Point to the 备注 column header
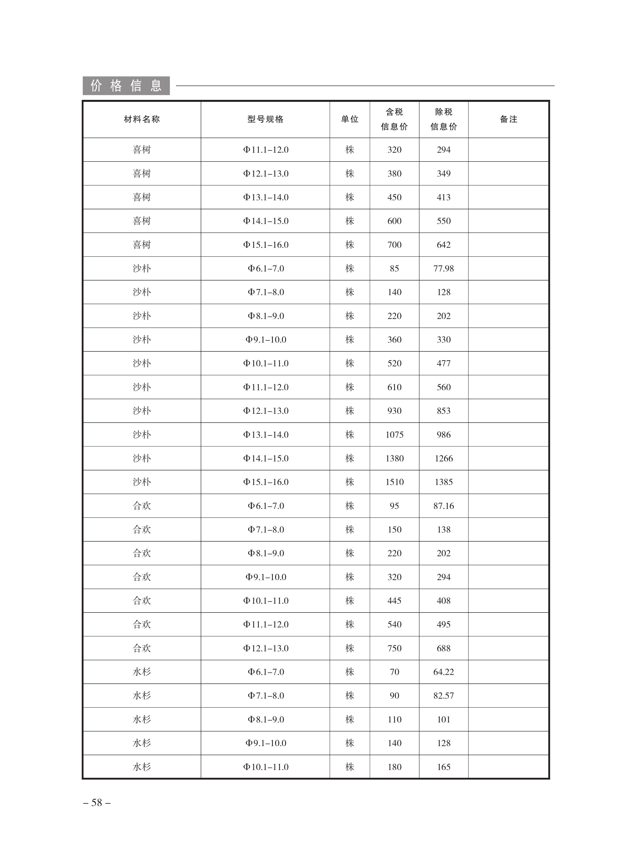[x=508, y=119]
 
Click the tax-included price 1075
[x=394, y=435]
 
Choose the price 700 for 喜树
[x=394, y=245]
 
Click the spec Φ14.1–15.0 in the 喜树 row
[x=266, y=221]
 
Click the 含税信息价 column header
[x=394, y=119]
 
